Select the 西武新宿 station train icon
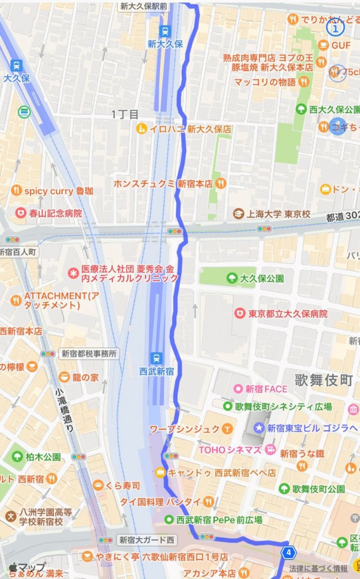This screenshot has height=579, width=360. tap(156, 357)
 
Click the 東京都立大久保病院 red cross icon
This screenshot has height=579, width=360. tap(239, 314)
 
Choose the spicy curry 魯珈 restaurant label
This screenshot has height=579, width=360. tap(59, 191)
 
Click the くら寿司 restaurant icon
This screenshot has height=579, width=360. tap(98, 485)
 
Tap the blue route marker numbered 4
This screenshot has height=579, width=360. tap(288, 552)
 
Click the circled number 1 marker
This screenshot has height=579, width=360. tap(336, 28)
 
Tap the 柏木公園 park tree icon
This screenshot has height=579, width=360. tap(18, 456)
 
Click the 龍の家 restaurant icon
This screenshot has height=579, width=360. tap(64, 378)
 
